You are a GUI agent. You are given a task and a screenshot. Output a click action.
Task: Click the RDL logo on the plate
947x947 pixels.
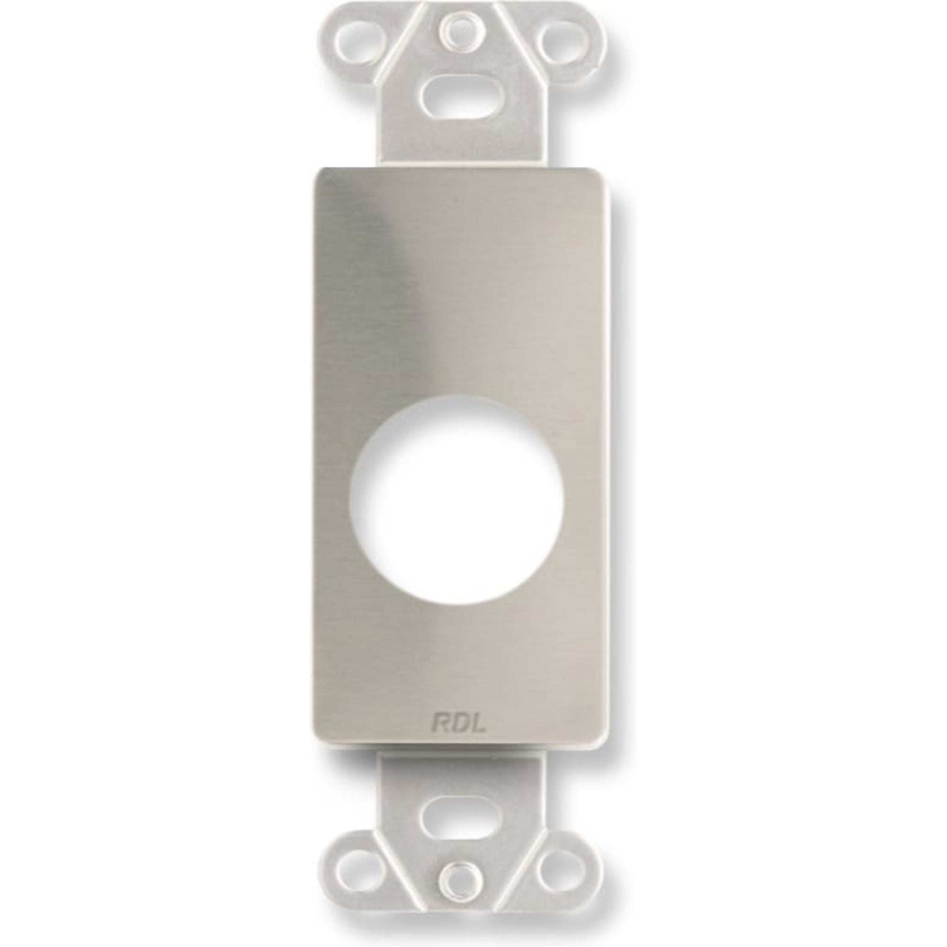[x=458, y=724]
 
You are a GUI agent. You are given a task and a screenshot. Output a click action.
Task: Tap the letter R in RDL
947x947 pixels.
[x=440, y=724]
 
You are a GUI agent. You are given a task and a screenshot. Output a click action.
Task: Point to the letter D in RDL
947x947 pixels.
[x=459, y=724]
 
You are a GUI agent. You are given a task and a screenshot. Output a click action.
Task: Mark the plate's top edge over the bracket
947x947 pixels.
[x=459, y=169]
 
